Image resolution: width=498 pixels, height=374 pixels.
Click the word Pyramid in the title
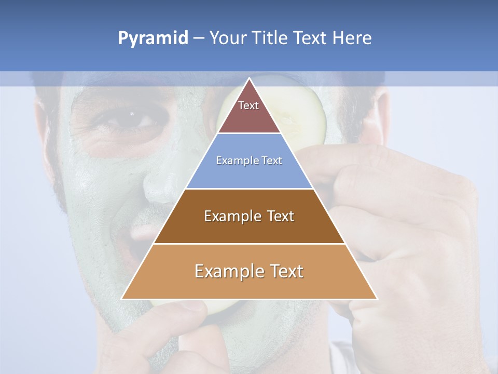point(153,38)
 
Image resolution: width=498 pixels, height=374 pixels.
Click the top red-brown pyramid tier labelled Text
point(248,112)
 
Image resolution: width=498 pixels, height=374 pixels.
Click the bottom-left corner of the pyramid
point(122,299)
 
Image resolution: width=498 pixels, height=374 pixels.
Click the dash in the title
point(199,38)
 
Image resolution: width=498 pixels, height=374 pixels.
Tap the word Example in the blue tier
point(233,161)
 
